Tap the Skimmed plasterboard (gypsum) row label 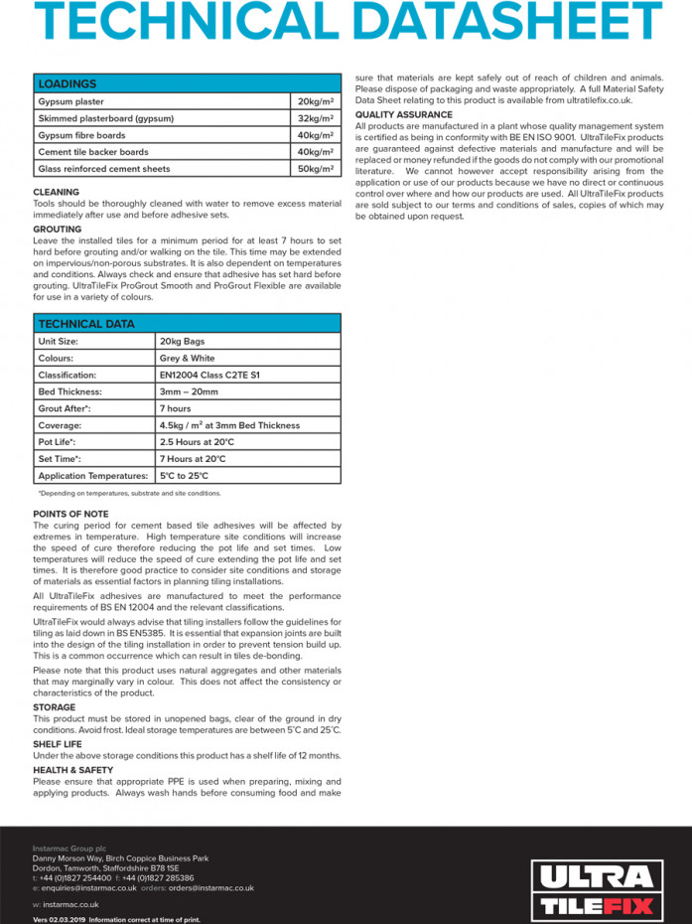pos(105,119)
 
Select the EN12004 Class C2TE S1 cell pos(216,375)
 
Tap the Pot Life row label pos(60,442)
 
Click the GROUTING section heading pos(57,230)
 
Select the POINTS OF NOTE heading pos(70,515)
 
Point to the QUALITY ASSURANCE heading pos(403,115)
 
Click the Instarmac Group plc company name pos(69,848)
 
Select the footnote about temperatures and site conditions pos(129,493)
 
